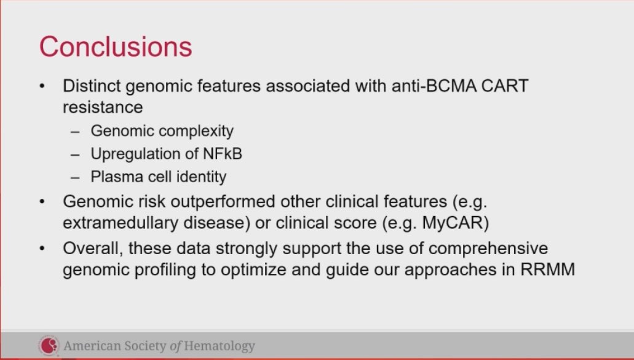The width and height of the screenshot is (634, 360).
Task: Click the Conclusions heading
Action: (x=116, y=47)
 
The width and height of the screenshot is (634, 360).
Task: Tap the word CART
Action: (x=506, y=86)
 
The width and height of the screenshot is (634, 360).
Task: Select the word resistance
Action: (x=103, y=107)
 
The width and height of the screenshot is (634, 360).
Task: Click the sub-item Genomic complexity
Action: (x=162, y=131)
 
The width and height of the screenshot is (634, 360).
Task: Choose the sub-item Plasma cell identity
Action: (x=159, y=177)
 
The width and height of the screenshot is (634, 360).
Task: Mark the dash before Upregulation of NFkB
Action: (x=76, y=154)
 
